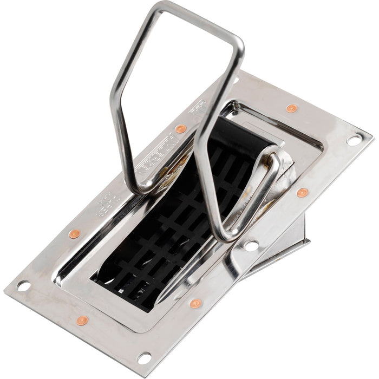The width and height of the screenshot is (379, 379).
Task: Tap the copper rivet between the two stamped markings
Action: pyautogui.click(x=181, y=129)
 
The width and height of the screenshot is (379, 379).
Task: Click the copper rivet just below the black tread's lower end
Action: pyautogui.click(x=196, y=303)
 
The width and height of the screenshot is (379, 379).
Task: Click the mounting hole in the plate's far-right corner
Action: pyautogui.click(x=354, y=140)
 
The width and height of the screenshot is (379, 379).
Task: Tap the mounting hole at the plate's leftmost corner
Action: pyautogui.click(x=23, y=285)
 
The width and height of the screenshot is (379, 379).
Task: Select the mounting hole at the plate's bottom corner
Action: pyautogui.click(x=144, y=358)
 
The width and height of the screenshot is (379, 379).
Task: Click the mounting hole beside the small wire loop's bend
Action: pyautogui.click(x=251, y=245)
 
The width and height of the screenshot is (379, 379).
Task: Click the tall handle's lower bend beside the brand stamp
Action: pyautogui.click(x=140, y=187)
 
